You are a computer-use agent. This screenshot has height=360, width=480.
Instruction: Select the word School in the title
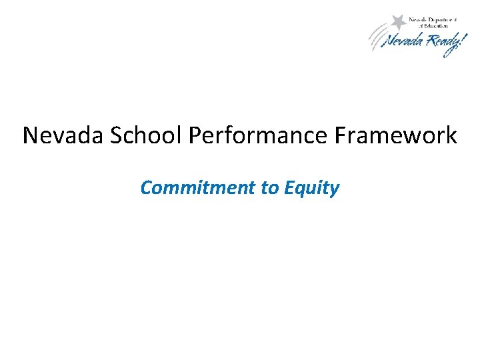click(142, 135)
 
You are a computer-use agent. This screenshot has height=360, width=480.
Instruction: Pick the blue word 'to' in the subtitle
click(269, 188)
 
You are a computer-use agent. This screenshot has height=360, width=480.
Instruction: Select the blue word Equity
click(311, 189)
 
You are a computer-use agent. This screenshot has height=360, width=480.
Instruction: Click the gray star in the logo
click(399, 21)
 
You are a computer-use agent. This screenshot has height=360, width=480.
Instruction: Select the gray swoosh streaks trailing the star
click(378, 37)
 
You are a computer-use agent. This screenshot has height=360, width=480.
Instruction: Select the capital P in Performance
click(195, 135)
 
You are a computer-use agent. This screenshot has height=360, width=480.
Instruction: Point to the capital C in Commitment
click(146, 188)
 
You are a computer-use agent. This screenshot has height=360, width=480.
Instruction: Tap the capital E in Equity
click(289, 188)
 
